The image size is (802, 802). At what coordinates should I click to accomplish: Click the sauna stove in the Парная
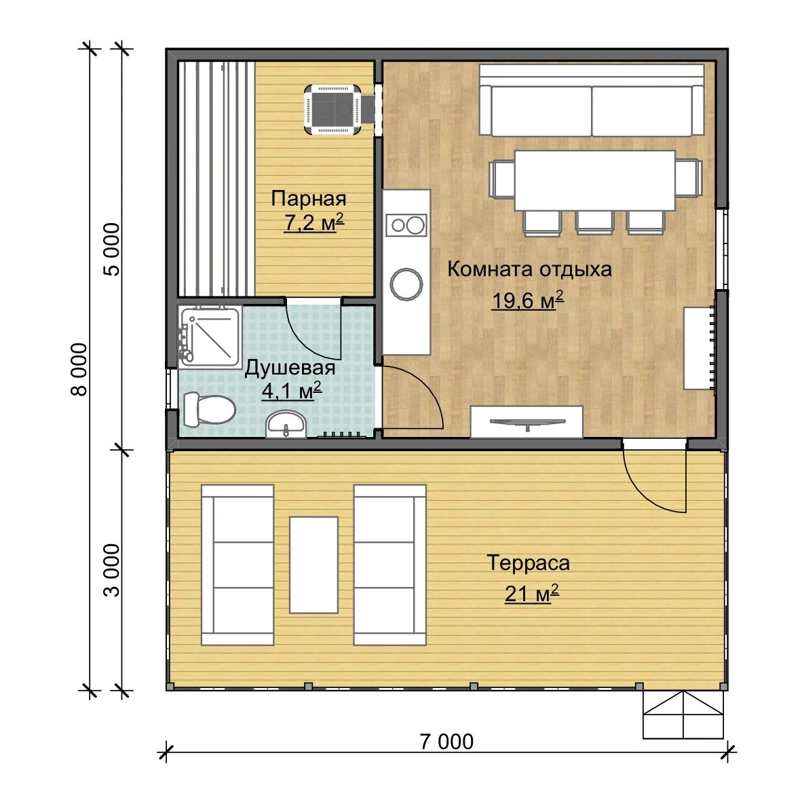click(x=333, y=110)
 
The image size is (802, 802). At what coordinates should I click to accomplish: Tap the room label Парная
click(x=309, y=198)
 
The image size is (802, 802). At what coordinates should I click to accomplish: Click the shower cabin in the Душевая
click(x=210, y=336)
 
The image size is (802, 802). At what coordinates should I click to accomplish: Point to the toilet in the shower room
click(x=209, y=408)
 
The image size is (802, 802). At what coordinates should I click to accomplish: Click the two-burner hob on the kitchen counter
click(x=406, y=225)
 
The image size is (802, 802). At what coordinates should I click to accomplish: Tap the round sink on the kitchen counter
click(x=406, y=284)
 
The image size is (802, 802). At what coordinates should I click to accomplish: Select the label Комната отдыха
click(x=529, y=269)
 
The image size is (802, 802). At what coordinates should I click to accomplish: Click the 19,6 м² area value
click(x=527, y=300)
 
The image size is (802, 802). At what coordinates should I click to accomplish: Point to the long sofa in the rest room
click(x=591, y=100)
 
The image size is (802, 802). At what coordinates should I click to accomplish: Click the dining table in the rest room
click(x=595, y=180)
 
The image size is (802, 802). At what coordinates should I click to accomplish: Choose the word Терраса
click(x=528, y=562)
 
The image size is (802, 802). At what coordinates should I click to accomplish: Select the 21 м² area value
click(x=531, y=593)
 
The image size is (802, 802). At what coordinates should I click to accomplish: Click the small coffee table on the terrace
click(x=313, y=565)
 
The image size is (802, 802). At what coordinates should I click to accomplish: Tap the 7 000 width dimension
click(x=446, y=741)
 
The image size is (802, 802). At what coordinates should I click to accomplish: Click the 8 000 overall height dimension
click(x=79, y=369)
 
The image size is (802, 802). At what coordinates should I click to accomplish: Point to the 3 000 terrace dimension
click(x=111, y=570)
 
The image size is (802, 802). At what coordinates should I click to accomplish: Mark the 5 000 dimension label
click(x=111, y=249)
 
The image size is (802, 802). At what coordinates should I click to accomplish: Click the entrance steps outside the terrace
click(x=683, y=715)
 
